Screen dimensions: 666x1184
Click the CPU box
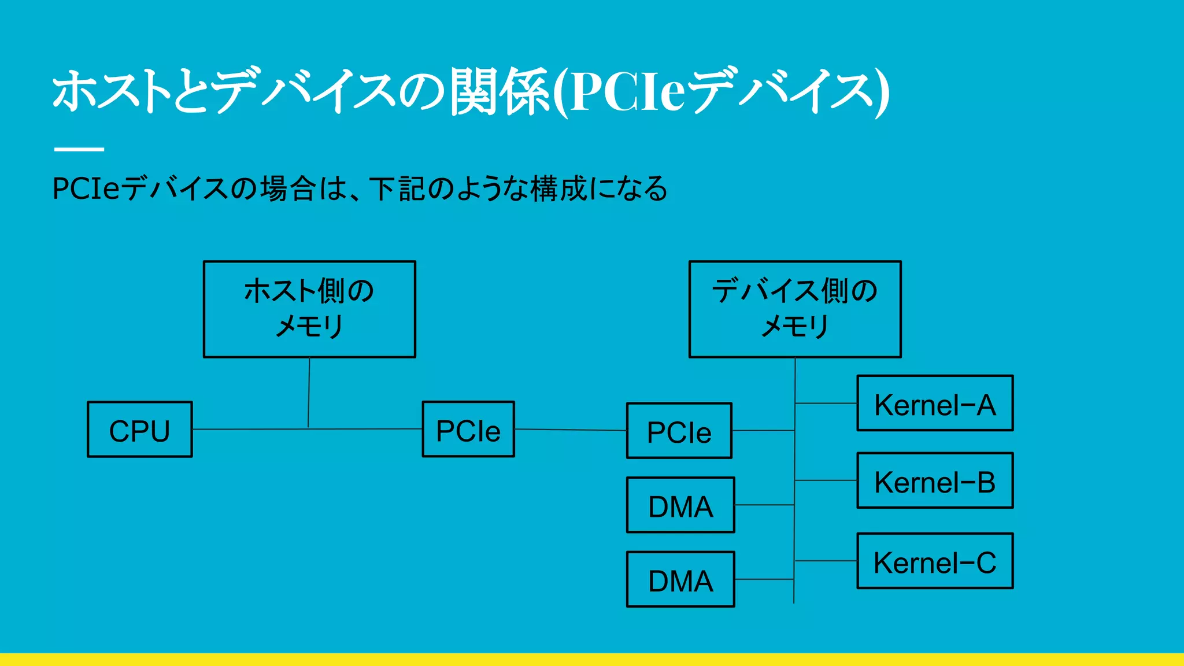(139, 430)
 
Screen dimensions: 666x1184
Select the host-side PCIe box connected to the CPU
(468, 430)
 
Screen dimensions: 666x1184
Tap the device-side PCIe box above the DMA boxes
(679, 431)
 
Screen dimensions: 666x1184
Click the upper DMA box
(680, 505)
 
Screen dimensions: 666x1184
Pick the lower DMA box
(680, 579)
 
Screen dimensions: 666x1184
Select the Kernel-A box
(935, 404)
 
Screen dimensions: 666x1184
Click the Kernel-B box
(935, 481)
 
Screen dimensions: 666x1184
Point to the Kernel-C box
(935, 561)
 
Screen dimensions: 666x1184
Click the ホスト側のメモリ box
(309, 309)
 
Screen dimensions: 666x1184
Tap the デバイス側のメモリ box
(795, 309)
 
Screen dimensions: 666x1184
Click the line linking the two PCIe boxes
(570, 430)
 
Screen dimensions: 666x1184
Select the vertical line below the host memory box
(309, 393)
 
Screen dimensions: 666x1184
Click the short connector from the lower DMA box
(764, 579)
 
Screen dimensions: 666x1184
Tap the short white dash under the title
(79, 149)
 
